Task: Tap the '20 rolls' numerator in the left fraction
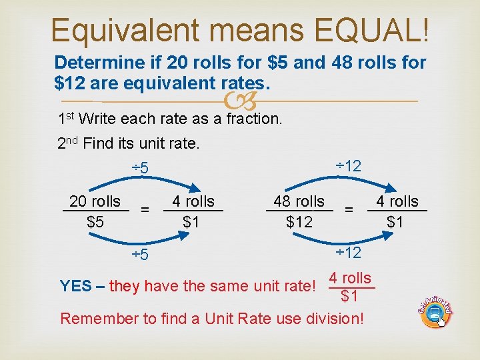[x=95, y=201]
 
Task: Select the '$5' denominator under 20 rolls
[x=95, y=221]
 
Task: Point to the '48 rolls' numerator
[x=299, y=201]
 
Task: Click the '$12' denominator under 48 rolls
[x=299, y=221]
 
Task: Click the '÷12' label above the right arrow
[x=347, y=165]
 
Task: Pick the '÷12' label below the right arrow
[x=347, y=253]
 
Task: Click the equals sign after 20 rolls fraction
[x=145, y=210]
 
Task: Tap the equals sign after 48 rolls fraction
[x=349, y=210]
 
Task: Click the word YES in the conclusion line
[x=76, y=287]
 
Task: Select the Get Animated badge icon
[x=435, y=309]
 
